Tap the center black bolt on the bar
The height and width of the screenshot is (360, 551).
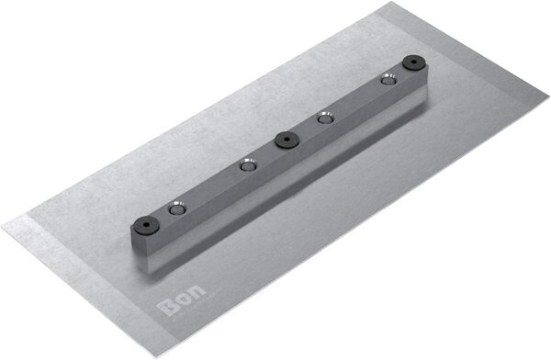click(x=286, y=140)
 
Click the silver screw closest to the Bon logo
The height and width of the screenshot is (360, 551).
click(x=175, y=208)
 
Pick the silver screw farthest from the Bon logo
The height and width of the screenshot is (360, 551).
click(x=388, y=80)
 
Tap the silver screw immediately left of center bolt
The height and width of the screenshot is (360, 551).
click(x=246, y=166)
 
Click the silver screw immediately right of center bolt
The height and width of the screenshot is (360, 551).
click(x=323, y=118)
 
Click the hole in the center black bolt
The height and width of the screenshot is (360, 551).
click(x=286, y=140)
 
